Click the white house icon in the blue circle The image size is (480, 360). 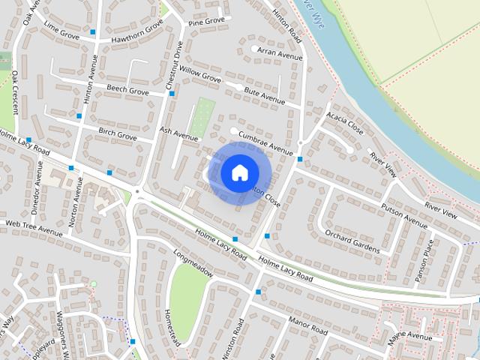[x=238, y=172]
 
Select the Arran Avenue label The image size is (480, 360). [x=279, y=53]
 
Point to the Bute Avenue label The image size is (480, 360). [x=265, y=97]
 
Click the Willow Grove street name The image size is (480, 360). [x=200, y=74]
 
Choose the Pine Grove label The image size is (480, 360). [x=206, y=22]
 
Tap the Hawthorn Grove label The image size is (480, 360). [x=137, y=31]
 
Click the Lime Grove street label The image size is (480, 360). [x=61, y=29]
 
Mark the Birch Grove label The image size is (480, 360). [x=118, y=134]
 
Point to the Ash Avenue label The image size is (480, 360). [x=178, y=133]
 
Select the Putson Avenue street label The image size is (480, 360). [x=403, y=214]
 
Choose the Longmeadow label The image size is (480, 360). [x=193, y=262]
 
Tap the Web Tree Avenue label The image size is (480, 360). [x=34, y=227]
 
